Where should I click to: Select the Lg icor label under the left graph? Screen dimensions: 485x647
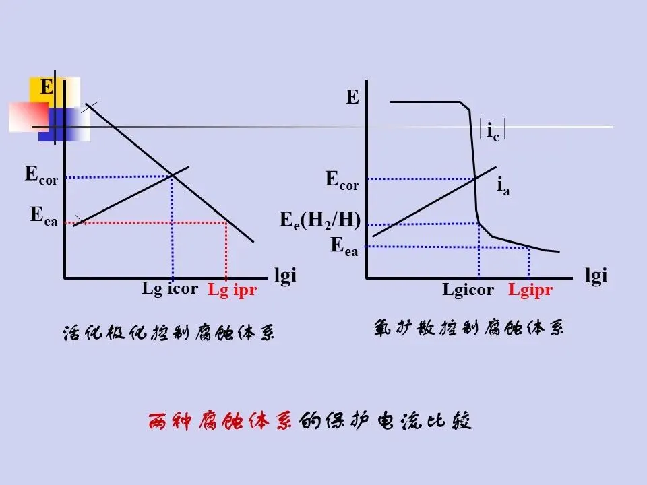170,289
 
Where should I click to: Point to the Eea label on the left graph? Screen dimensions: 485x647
44,216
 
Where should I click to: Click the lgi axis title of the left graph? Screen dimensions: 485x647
285,276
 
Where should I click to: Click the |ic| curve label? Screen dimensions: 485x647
493,131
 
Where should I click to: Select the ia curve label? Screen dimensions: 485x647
503,185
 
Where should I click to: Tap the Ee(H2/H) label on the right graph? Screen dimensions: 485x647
320,220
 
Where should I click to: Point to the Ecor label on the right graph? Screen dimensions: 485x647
342,180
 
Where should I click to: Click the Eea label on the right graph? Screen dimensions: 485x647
344,246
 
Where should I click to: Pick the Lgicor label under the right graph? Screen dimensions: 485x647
468,290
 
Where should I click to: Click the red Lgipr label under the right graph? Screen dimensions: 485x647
530,290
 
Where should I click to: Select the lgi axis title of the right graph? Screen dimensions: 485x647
596,276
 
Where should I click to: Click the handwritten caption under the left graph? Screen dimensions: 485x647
168,333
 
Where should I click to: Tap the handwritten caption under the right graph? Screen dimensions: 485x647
468,329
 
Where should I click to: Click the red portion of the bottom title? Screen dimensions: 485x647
220,422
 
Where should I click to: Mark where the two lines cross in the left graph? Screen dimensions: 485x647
173,176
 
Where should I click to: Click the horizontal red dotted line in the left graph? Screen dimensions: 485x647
148,222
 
